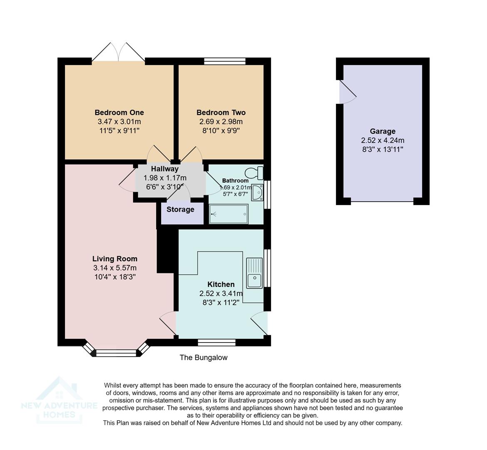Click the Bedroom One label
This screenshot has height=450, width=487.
tap(119, 112)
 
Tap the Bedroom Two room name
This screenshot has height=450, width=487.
tap(221, 112)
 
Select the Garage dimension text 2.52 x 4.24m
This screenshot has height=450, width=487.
tap(383, 140)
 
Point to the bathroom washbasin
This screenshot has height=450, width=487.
tap(258, 192)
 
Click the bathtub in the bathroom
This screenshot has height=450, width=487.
tap(229, 214)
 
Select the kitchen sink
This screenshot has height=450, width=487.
tap(254, 273)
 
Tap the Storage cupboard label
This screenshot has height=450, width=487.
tap(180, 210)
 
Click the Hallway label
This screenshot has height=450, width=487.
tap(165, 169)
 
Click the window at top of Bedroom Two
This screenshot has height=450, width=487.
tap(225, 61)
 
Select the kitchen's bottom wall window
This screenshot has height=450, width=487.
tap(216, 342)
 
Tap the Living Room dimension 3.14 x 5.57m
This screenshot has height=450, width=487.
tap(115, 268)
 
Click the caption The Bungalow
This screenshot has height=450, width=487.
tap(204, 357)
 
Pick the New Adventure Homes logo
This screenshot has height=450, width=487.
tap(59, 400)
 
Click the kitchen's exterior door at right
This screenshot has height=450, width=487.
tap(260, 323)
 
